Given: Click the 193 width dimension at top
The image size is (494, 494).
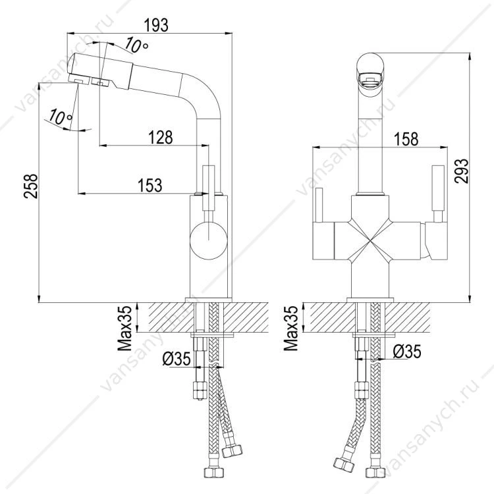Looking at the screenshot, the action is [156, 25].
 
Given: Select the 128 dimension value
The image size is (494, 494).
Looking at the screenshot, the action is [161, 138].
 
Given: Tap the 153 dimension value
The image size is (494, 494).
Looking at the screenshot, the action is [150, 185].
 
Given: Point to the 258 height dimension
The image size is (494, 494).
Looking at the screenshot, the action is [30, 186].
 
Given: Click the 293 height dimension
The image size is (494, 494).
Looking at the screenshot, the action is [461, 171].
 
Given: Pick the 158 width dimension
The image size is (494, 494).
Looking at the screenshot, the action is [406, 139].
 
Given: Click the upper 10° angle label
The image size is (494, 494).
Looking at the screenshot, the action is [136, 45].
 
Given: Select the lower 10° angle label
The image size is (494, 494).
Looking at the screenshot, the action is [60, 116].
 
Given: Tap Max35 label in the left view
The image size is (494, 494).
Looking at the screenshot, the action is [124, 328].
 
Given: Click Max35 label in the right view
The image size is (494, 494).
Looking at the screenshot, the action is [290, 328].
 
